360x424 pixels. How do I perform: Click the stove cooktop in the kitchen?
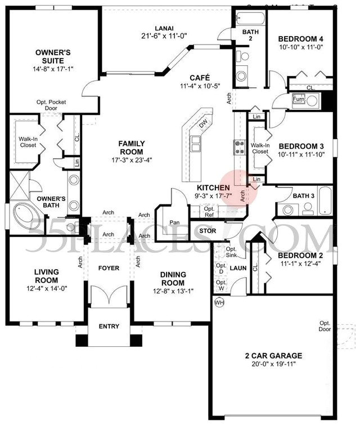click(x=238, y=148)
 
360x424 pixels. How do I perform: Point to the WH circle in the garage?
click(x=219, y=302)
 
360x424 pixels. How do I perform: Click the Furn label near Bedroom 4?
click(x=299, y=100)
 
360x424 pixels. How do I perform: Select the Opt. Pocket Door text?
click(x=48, y=106)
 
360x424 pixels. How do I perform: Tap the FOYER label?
click(x=109, y=268)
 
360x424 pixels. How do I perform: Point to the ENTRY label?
click(x=109, y=326)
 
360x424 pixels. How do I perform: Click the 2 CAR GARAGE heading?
click(x=273, y=356)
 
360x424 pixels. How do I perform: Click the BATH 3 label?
click(x=303, y=195)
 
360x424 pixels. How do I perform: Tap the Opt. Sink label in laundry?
click(x=231, y=252)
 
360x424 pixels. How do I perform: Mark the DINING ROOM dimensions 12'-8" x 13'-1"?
click(x=173, y=291)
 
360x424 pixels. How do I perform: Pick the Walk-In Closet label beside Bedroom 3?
click(x=259, y=148)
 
